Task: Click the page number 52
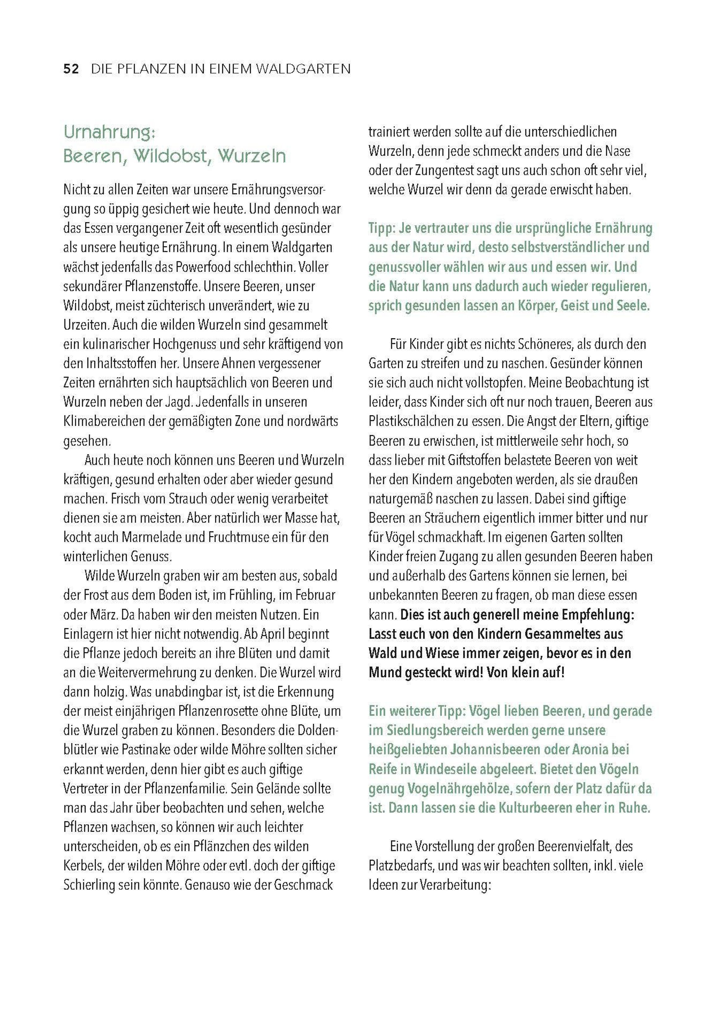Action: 71,69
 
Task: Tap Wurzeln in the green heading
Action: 252,156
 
